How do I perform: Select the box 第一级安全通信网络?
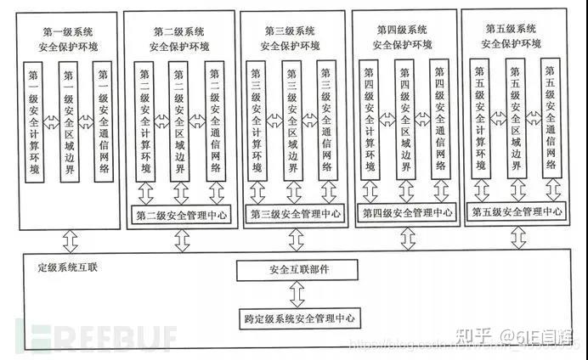tap(104, 122)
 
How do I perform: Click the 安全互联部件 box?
tap(295, 271)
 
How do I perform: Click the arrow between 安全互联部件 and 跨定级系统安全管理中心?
tap(295, 295)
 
